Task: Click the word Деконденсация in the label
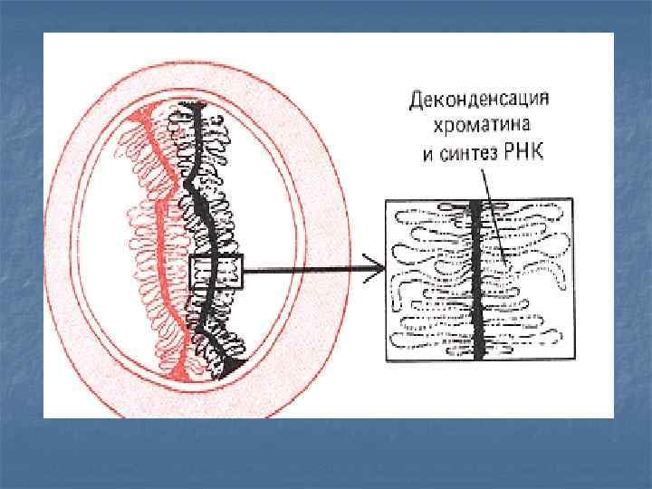coord(481,98)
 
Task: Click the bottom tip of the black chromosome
coord(237,364)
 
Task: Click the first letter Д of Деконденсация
coord(418,98)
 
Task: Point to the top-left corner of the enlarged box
coord(387,201)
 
